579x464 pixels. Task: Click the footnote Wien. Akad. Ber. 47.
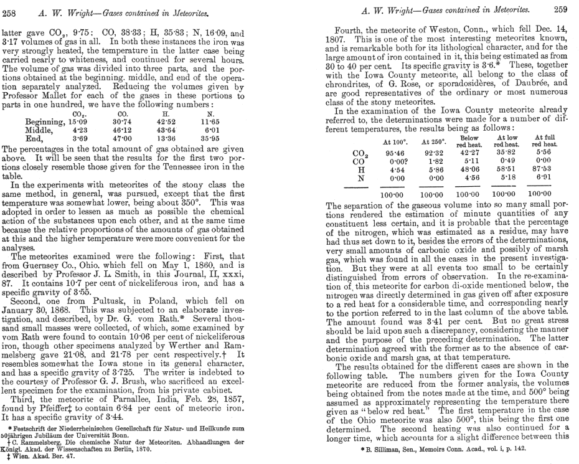tap(37, 457)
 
